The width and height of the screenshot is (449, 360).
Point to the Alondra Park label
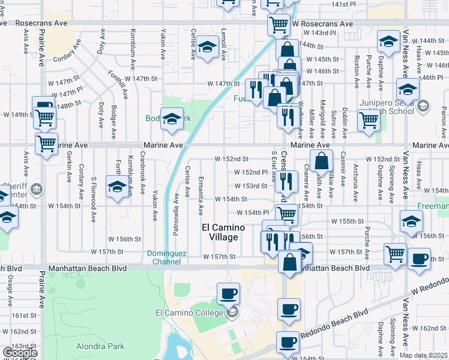tap(100, 346)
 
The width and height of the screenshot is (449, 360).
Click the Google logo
tap(19, 353)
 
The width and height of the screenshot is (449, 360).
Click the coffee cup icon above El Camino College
tap(228, 294)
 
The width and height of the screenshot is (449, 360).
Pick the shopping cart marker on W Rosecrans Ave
tap(278, 25)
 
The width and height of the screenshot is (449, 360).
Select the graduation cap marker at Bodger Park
tap(172, 119)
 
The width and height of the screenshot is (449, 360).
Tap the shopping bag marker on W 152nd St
tap(321, 161)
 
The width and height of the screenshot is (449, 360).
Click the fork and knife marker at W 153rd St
tap(288, 181)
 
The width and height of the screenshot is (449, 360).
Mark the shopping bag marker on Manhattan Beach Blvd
tap(290, 262)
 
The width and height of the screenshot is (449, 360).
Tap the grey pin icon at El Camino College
tap(232, 313)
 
